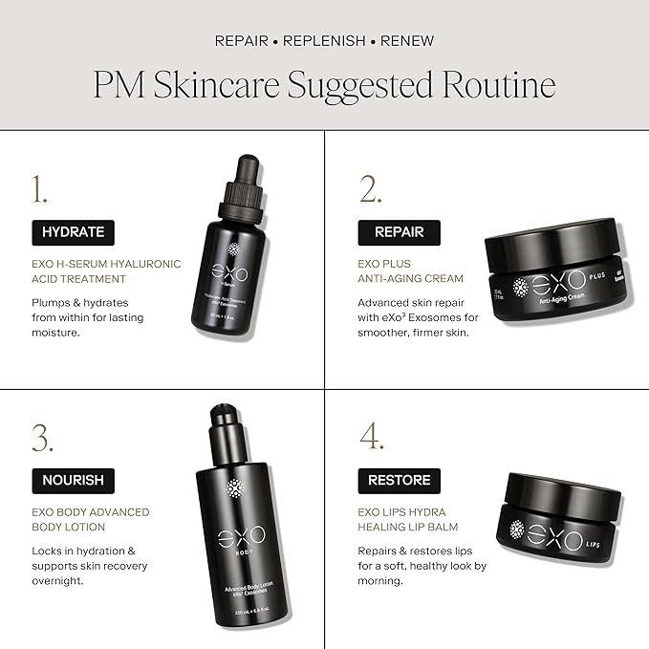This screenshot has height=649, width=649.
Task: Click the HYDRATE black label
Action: tap(74, 232)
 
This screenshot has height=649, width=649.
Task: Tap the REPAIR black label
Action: tap(399, 232)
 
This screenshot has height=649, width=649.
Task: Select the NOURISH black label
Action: tap(74, 480)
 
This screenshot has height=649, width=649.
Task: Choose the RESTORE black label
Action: tap(400, 480)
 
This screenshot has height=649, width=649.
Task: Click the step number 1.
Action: tap(39, 190)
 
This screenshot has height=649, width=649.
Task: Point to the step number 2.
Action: tap(370, 190)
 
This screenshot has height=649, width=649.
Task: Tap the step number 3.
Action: tap(42, 438)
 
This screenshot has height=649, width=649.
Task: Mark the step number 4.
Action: tap(371, 438)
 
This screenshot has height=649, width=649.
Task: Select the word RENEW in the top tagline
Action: tap(407, 41)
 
